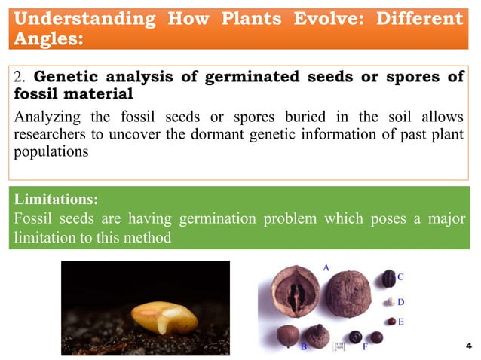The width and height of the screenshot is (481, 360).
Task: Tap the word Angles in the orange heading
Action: (x=46, y=39)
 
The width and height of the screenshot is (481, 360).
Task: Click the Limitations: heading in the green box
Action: (x=56, y=200)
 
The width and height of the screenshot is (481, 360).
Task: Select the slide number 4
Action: (x=468, y=346)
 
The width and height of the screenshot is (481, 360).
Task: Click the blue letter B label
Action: (x=303, y=347)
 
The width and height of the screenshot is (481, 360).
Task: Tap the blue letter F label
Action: (x=365, y=347)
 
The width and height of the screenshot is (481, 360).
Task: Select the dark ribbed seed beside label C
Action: (x=388, y=279)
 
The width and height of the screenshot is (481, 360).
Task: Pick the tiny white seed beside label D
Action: (x=390, y=303)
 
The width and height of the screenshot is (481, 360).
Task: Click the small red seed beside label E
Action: (x=391, y=322)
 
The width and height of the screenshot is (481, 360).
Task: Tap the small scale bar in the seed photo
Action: (x=339, y=346)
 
